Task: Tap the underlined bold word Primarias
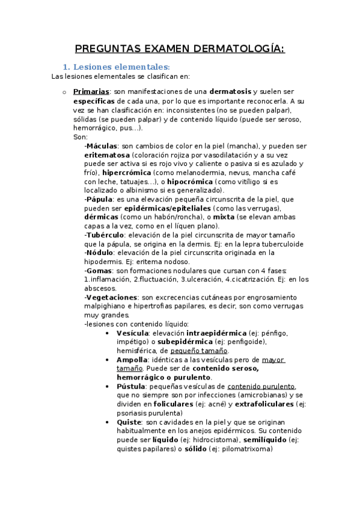(x=91, y=91)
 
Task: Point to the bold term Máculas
(x=102, y=146)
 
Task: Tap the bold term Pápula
(x=99, y=199)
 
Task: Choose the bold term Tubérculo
(x=105, y=235)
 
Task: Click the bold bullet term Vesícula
(x=133, y=333)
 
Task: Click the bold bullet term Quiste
(x=129, y=422)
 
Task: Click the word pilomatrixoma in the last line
(x=245, y=448)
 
